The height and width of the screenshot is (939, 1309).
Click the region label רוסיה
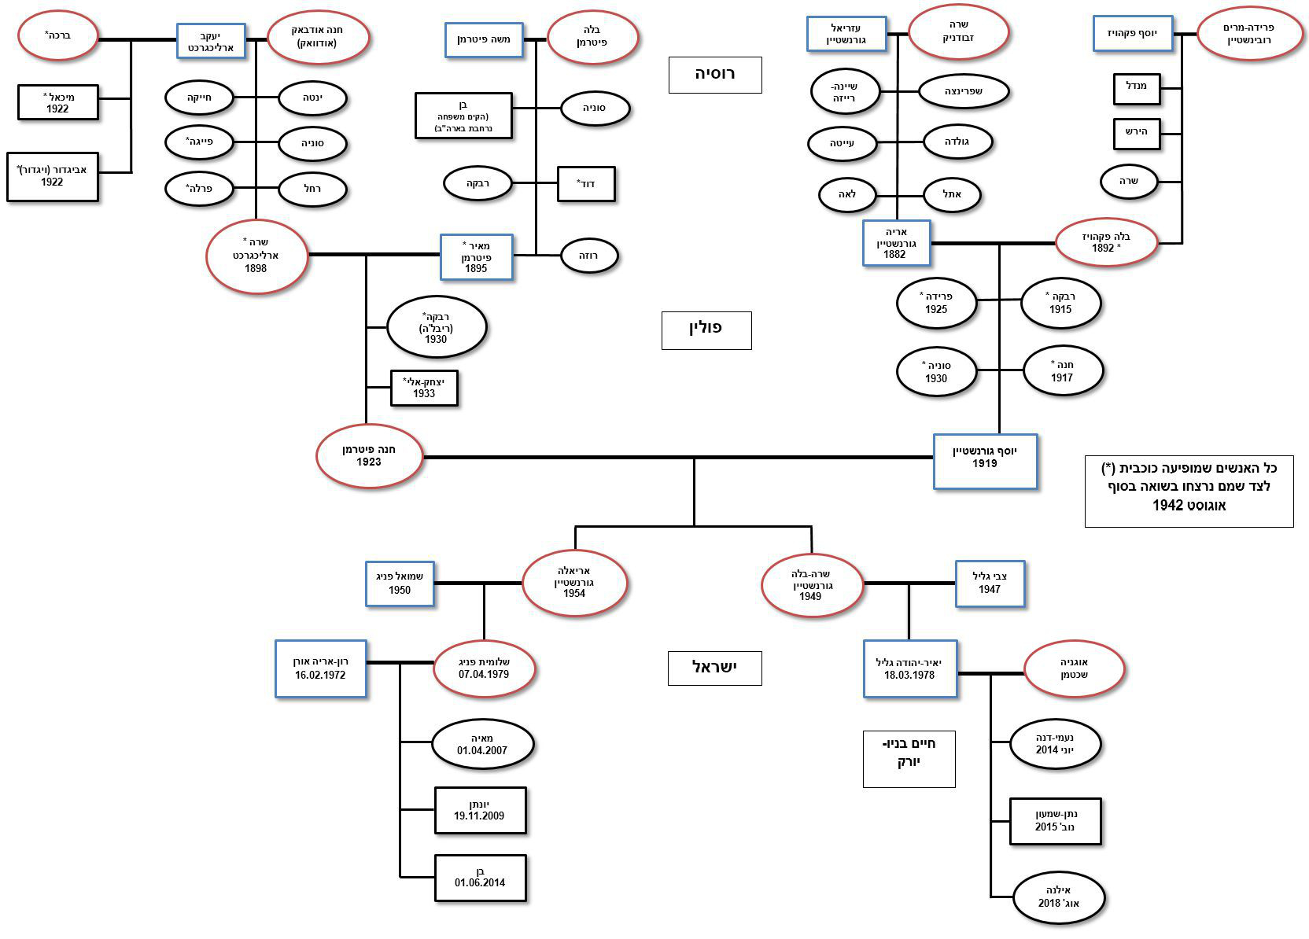tap(714, 75)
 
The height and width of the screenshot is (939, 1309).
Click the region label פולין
tap(706, 330)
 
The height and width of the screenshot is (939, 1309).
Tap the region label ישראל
tap(714, 668)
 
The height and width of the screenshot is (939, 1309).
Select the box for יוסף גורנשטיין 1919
tap(985, 462)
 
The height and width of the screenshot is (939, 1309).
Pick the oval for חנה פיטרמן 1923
tap(369, 456)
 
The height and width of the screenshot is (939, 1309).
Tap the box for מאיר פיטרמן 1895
tap(476, 256)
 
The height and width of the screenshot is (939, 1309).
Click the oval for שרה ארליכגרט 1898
tap(256, 256)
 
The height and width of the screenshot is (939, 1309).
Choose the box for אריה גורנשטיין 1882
tap(896, 243)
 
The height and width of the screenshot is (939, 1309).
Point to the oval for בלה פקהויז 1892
tap(1105, 242)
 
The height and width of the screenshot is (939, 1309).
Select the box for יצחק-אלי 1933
tap(424, 388)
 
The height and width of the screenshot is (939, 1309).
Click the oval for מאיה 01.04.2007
tap(482, 744)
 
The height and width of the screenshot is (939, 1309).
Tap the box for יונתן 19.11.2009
tap(480, 810)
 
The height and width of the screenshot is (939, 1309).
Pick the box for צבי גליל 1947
tap(990, 584)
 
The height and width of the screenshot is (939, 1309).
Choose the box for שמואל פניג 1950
tap(400, 584)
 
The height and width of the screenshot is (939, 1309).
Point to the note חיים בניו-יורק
tap(909, 758)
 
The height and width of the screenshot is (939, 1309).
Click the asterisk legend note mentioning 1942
tap(1189, 490)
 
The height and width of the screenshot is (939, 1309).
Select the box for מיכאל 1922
tap(58, 102)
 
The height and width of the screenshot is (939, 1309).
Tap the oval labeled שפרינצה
tap(964, 91)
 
